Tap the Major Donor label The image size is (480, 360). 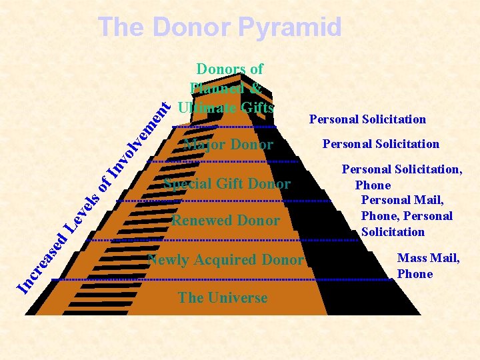click(228, 145)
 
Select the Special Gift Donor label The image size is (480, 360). click(227, 184)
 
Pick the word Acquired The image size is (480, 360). click(226, 260)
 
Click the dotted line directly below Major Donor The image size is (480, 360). click(223, 162)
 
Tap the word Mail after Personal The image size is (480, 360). click(429, 200)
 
